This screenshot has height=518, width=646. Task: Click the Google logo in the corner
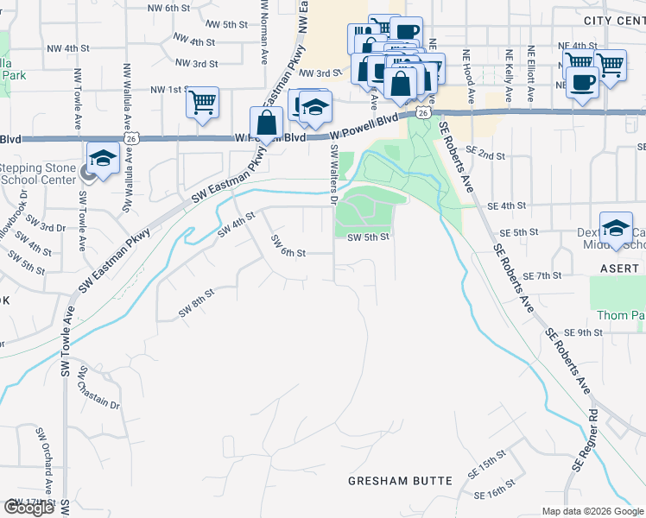[28, 508]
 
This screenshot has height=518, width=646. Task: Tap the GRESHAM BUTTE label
[400, 480]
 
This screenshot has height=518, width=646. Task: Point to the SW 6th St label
[288, 246]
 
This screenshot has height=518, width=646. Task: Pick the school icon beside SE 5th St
[616, 228]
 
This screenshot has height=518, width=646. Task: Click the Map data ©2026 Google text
[592, 511]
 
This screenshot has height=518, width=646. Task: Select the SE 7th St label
[542, 275]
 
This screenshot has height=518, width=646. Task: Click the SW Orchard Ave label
[41, 462]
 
